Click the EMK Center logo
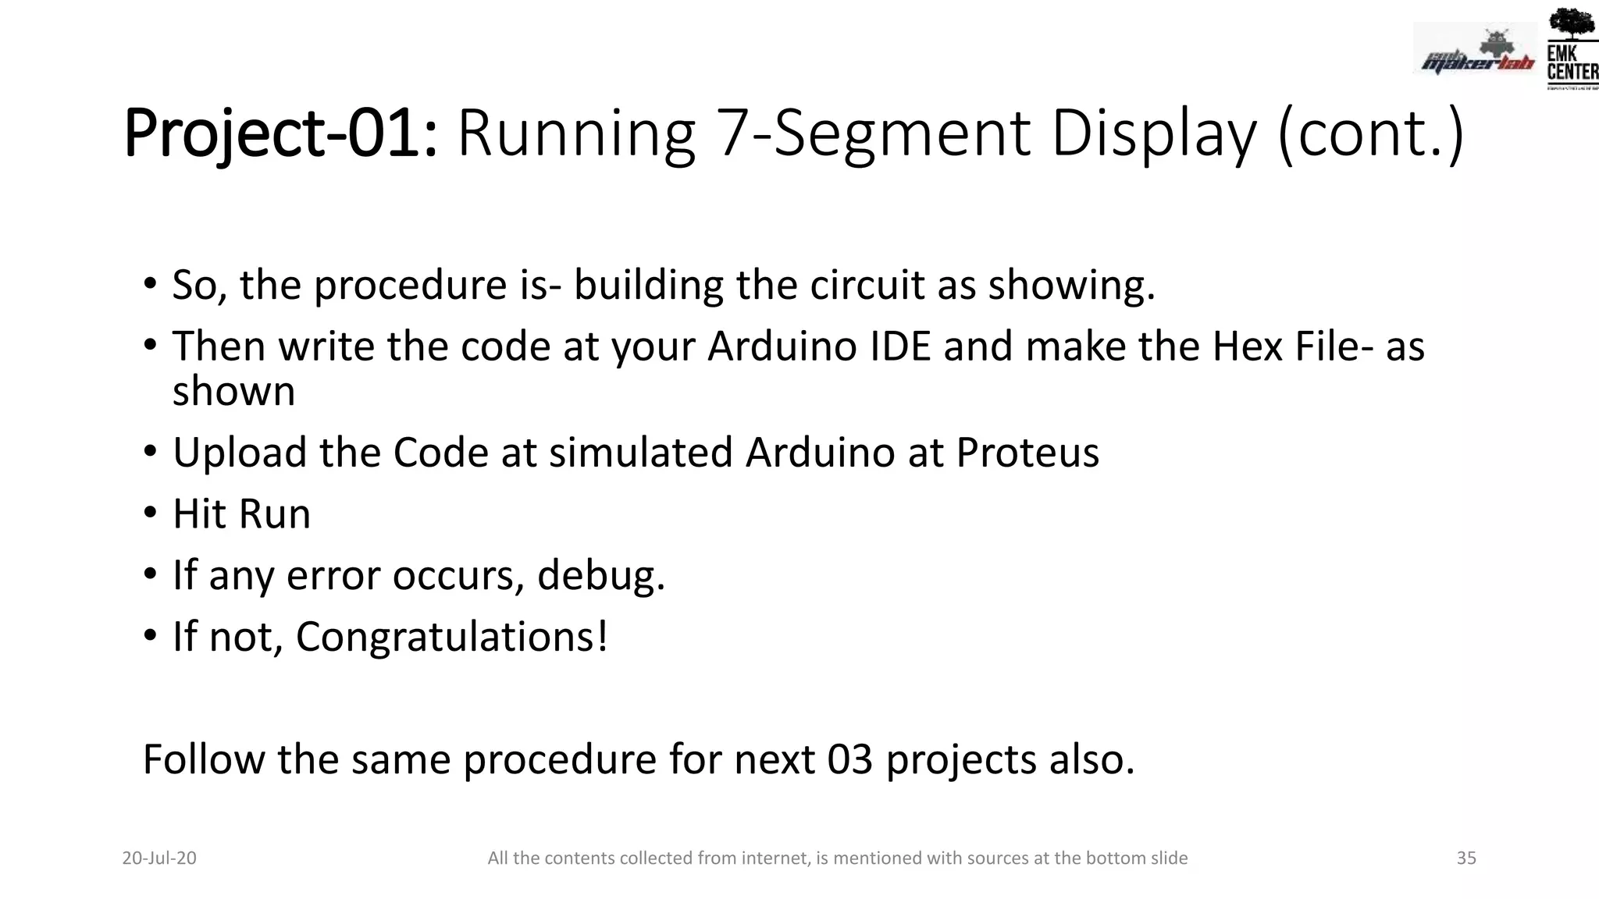pos(1572,48)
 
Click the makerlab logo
pos(1476,52)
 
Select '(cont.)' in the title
pos(1371,134)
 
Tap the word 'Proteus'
pos(1027,453)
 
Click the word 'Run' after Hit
pos(274,514)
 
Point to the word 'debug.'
pos(601,576)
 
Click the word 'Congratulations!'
pos(451,637)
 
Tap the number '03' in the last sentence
pos(849,759)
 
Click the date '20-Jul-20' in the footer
pos(159,858)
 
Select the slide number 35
pos(1466,858)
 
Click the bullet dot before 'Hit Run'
pos(150,513)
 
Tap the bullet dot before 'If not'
pos(150,636)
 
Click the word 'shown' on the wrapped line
pos(233,392)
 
